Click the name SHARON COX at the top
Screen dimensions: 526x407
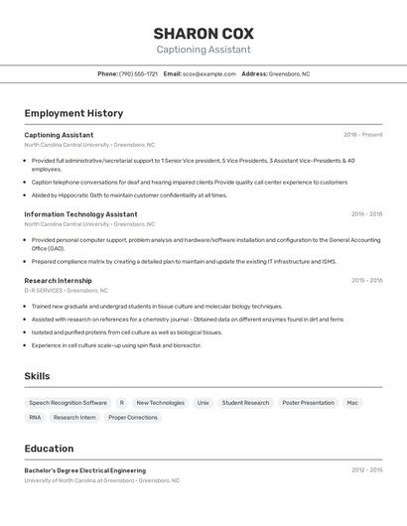(203, 33)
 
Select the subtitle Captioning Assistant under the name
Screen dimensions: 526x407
(203, 50)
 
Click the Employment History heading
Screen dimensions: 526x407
(73, 113)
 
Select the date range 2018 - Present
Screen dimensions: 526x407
(362, 134)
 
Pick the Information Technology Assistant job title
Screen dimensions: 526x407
(80, 213)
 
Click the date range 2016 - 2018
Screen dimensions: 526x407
(366, 213)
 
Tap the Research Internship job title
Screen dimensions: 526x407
(58, 280)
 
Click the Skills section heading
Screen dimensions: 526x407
(37, 376)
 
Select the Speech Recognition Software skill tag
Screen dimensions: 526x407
(68, 403)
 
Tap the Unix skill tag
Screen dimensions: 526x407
(203, 403)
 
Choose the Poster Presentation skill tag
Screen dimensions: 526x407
(308, 403)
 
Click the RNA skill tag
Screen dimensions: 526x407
(35, 418)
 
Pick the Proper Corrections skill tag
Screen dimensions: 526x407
(133, 418)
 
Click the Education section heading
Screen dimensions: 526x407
(49, 449)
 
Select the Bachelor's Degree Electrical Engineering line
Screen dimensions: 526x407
(84, 470)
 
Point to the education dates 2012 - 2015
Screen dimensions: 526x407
(366, 470)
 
